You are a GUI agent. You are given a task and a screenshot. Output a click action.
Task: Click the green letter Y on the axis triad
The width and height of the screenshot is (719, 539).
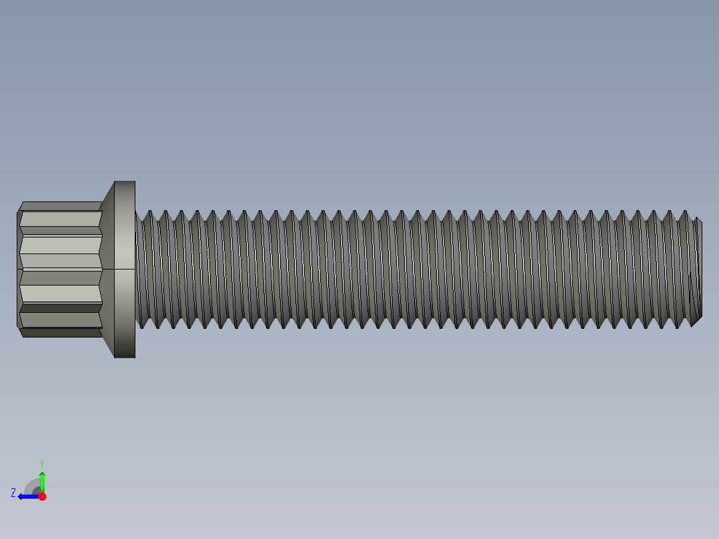point(41,462)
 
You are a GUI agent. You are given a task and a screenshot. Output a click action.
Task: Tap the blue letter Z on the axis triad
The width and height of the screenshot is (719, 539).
point(13,492)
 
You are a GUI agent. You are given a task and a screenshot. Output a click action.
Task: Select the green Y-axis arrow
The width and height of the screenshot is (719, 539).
point(42,480)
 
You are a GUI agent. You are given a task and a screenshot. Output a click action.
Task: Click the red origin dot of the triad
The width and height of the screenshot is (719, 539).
point(42,496)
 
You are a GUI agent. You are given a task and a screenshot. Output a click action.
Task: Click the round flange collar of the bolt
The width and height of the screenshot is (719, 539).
point(124,269)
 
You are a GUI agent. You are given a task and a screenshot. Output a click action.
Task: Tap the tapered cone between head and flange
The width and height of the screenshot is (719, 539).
point(107,269)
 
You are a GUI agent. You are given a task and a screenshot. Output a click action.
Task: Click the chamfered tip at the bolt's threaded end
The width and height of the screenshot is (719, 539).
point(698,269)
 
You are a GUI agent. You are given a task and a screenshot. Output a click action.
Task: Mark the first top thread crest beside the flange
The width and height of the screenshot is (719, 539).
point(148,213)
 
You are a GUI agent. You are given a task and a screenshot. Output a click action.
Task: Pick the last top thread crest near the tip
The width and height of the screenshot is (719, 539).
point(685,213)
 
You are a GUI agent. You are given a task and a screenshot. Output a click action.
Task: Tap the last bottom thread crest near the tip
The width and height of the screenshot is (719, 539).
point(679,326)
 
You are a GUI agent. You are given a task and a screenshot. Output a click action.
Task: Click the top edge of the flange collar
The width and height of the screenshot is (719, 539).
point(124,181)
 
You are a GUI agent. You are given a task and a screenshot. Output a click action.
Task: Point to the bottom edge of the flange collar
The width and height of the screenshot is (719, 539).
point(124,357)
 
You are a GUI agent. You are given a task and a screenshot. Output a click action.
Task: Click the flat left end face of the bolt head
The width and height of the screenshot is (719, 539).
point(18,269)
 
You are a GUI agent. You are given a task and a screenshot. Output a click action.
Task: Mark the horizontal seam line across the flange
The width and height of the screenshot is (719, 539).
point(124,269)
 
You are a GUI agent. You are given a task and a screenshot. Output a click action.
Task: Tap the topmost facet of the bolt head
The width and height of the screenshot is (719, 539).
point(60,206)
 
